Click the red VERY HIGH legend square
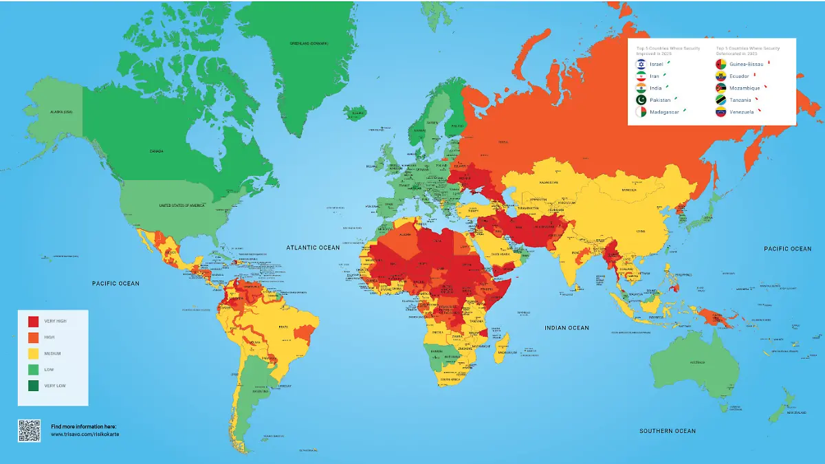click(33, 321)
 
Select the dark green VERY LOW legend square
click(33, 386)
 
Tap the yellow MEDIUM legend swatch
click(33, 353)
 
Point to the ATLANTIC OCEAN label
click(313, 247)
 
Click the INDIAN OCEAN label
click(566, 328)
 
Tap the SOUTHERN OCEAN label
click(668, 431)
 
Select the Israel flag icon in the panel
click(640, 64)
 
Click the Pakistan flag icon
click(640, 100)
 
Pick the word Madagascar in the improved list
click(664, 112)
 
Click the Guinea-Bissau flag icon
click(720, 64)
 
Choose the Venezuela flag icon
click(720, 112)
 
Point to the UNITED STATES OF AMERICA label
click(183, 206)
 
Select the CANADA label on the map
click(155, 151)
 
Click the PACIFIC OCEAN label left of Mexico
click(115, 283)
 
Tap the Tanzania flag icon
click(720, 100)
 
